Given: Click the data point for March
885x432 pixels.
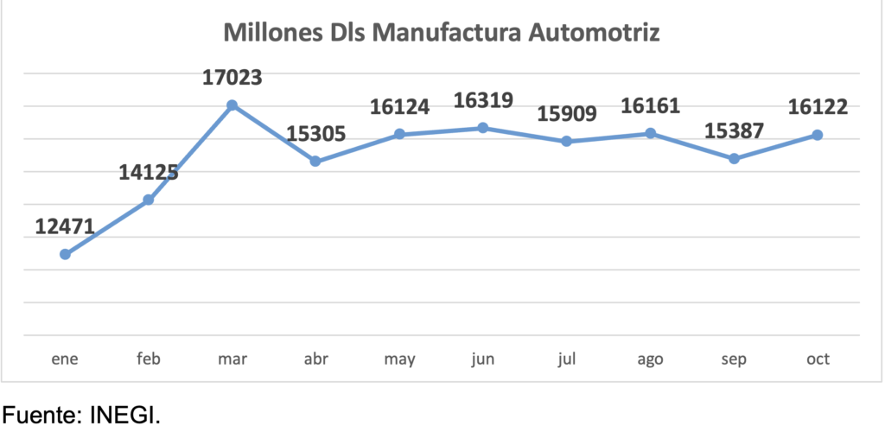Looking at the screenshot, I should tap(232, 105).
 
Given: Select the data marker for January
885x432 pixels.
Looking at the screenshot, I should tap(65, 254).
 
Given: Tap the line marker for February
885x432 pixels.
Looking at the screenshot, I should tap(149, 200).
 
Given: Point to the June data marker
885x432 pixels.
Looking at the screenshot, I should tap(483, 128).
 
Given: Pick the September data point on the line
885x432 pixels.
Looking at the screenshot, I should tap(734, 159).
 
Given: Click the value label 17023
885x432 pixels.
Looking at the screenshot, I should tap(232, 79).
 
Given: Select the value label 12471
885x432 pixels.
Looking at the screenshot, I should tap(65, 226).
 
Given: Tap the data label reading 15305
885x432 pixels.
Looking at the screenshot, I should tap(315, 134).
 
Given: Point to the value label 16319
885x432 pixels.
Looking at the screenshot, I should tap(483, 100).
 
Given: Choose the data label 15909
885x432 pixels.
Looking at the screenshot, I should tap(566, 113).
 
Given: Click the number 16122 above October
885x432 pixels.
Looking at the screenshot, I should tap(818, 107).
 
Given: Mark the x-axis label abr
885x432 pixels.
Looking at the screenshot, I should tap(315, 359).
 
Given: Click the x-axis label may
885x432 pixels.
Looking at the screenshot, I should tap(399, 359).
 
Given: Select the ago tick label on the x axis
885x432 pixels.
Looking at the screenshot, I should tap(650, 359).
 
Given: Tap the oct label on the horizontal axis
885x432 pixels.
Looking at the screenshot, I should tap(818, 359).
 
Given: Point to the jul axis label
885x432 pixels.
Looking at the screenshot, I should tap(566, 359).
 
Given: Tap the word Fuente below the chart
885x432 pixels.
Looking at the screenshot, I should tap(42, 415).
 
